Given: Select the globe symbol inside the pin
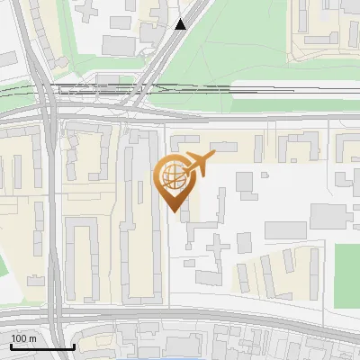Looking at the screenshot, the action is click(174, 173).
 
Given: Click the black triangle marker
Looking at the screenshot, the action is click(181, 24).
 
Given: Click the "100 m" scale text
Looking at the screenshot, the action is click(23, 338).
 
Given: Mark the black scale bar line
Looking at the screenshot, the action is click(42, 346).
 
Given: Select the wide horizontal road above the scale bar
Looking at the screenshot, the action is click(180, 317).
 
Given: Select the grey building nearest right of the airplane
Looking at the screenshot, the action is click(245, 182).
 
